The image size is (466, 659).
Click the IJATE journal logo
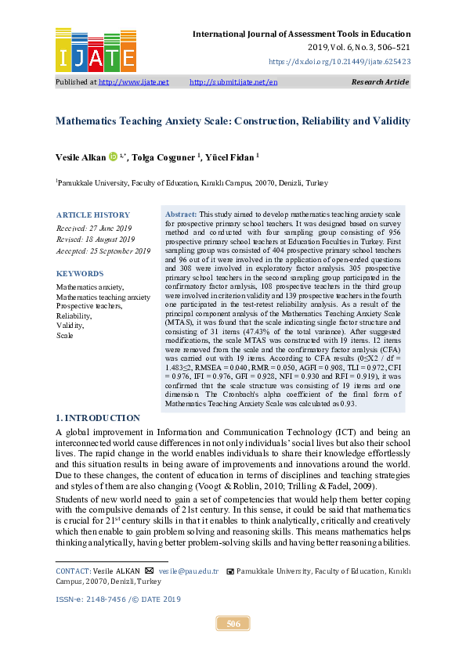pos(96,49)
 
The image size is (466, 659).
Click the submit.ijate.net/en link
pos(233,81)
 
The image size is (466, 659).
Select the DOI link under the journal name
pos(339,59)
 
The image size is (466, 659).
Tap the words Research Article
pos(381,81)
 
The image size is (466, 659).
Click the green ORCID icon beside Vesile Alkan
pos(112,157)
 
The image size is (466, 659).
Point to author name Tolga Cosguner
pos(162,157)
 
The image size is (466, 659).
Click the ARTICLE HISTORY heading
pos(92,215)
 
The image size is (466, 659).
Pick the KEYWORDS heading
pos(79,274)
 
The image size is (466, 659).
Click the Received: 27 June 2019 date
pos(94,228)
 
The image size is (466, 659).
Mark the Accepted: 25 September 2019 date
pos(103,250)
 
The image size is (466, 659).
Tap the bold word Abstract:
pos(181,214)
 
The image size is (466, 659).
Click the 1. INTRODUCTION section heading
pos(98,418)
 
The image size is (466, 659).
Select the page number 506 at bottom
pos(233,624)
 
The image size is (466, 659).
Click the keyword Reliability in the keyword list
pos(74,315)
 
